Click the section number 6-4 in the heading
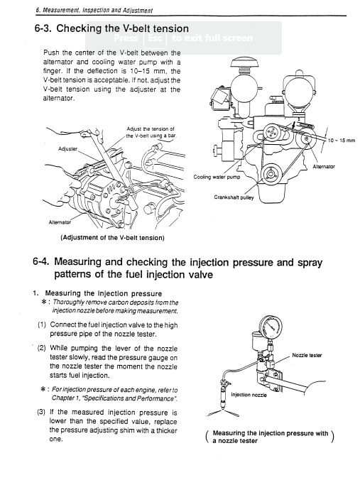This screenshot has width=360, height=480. [x=41, y=262]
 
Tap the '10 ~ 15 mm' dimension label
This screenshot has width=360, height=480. [x=342, y=141]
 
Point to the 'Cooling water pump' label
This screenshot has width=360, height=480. [x=217, y=177]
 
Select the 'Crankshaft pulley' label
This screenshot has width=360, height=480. [x=234, y=197]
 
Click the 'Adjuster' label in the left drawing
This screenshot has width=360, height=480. [x=67, y=149]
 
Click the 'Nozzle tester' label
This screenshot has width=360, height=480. [x=307, y=356]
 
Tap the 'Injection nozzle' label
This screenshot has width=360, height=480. [x=249, y=395]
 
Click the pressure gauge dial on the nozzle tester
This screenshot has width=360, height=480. [x=271, y=327]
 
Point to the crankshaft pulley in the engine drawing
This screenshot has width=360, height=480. [x=271, y=175]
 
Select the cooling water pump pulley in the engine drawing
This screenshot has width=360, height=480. [x=271, y=133]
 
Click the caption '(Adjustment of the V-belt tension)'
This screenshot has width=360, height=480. [x=113, y=238]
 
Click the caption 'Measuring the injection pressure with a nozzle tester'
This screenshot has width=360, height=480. [x=270, y=437]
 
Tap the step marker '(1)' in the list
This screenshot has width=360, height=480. [x=42, y=324]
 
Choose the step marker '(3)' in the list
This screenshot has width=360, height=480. [x=41, y=412]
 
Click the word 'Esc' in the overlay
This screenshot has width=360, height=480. [x=155, y=38]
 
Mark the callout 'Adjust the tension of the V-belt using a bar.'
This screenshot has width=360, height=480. [x=151, y=132]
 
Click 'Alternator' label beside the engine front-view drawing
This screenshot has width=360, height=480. [x=324, y=167]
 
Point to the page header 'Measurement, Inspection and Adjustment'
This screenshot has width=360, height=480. [x=98, y=11]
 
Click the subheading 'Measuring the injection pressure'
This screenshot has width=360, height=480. [x=104, y=293]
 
